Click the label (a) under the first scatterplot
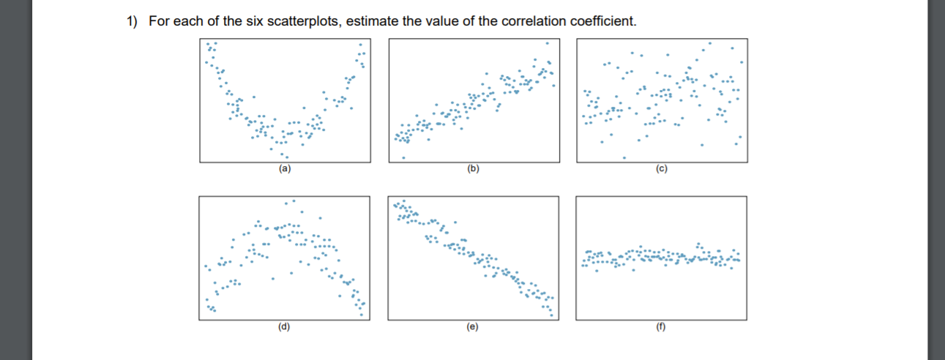tap(283, 168)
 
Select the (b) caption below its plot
tap(473, 168)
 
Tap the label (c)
tap(662, 168)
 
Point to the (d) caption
tap(283, 327)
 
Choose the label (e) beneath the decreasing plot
tap(473, 327)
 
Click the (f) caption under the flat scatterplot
tap(662, 327)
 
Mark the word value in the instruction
tap(435, 20)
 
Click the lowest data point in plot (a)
tap(287, 157)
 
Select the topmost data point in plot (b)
tap(546, 43)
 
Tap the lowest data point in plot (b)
tap(403, 157)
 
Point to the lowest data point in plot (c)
tap(624, 157)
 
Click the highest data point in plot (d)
tap(295, 200)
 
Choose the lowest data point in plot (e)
tap(553, 315)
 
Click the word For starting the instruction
tap(158, 20)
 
